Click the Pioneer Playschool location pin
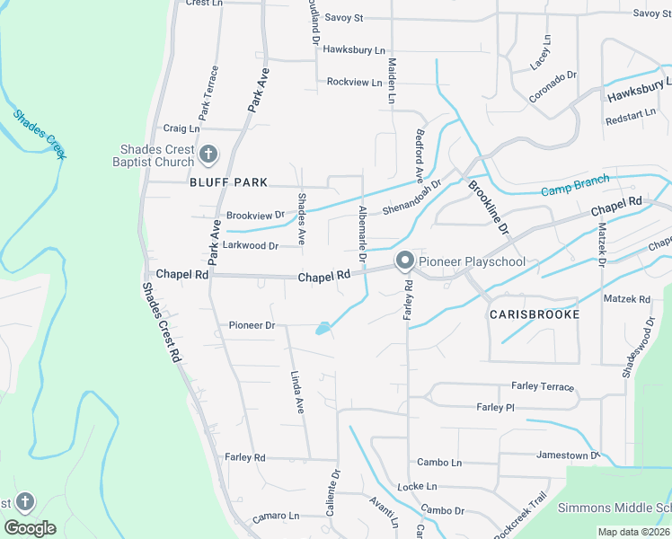coord(404,261)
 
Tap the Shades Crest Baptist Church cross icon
coord(208,155)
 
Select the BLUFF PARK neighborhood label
coord(229,182)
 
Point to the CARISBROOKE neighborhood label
coord(534,314)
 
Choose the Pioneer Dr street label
coord(252,325)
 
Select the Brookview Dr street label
coord(255,216)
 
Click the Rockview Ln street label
coord(354,82)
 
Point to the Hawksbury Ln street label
coord(354,51)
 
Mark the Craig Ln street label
coord(181,128)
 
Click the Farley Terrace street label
coord(542,386)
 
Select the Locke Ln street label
coord(417,486)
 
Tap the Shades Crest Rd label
coord(162,323)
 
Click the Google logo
coord(30,528)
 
